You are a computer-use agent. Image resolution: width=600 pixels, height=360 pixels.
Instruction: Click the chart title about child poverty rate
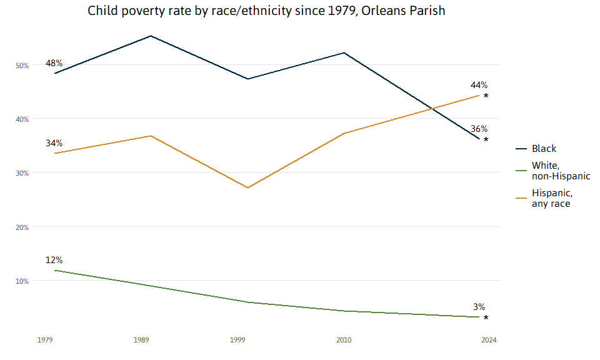point(266,11)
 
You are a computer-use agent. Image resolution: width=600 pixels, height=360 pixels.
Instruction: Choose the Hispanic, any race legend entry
point(552,198)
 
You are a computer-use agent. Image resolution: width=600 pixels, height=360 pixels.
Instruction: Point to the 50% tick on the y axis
point(22,65)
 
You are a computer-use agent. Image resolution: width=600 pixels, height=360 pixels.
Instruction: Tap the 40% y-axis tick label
point(22,119)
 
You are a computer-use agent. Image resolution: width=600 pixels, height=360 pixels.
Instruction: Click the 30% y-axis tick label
point(22,173)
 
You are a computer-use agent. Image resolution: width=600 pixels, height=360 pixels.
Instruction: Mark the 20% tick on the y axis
point(22,227)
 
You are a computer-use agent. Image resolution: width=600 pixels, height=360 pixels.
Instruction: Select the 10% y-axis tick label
point(22,281)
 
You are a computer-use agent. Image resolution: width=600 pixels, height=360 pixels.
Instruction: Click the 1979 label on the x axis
point(44,340)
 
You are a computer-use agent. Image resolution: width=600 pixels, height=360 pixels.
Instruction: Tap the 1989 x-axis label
point(141,340)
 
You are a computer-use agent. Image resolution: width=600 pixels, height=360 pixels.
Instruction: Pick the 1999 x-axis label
point(237,340)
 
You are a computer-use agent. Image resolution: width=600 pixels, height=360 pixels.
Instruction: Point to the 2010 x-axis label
point(344,340)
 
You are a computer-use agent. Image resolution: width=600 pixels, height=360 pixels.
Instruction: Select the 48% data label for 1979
point(54,63)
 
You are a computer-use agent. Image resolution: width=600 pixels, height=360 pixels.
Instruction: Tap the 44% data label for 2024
point(479,85)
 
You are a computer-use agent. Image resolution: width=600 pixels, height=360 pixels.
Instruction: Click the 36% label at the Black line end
point(479,129)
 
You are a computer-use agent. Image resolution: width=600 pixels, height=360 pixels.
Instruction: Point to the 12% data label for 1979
point(54,260)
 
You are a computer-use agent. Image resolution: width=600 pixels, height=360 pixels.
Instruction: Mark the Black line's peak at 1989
point(151,36)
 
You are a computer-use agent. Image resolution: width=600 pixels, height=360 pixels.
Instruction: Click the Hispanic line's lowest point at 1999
point(247,187)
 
